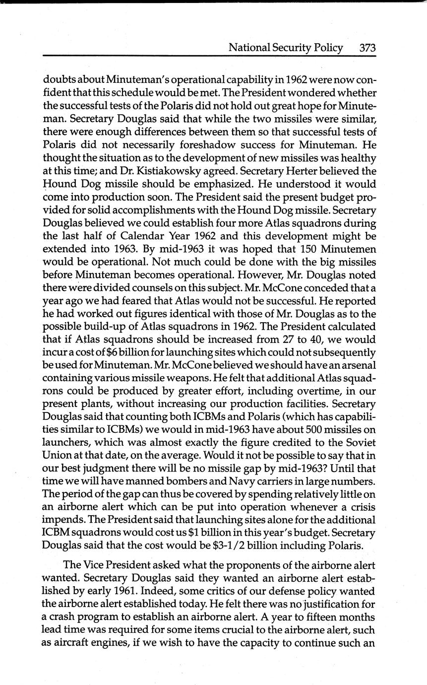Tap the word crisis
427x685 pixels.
tap(361, 507)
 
